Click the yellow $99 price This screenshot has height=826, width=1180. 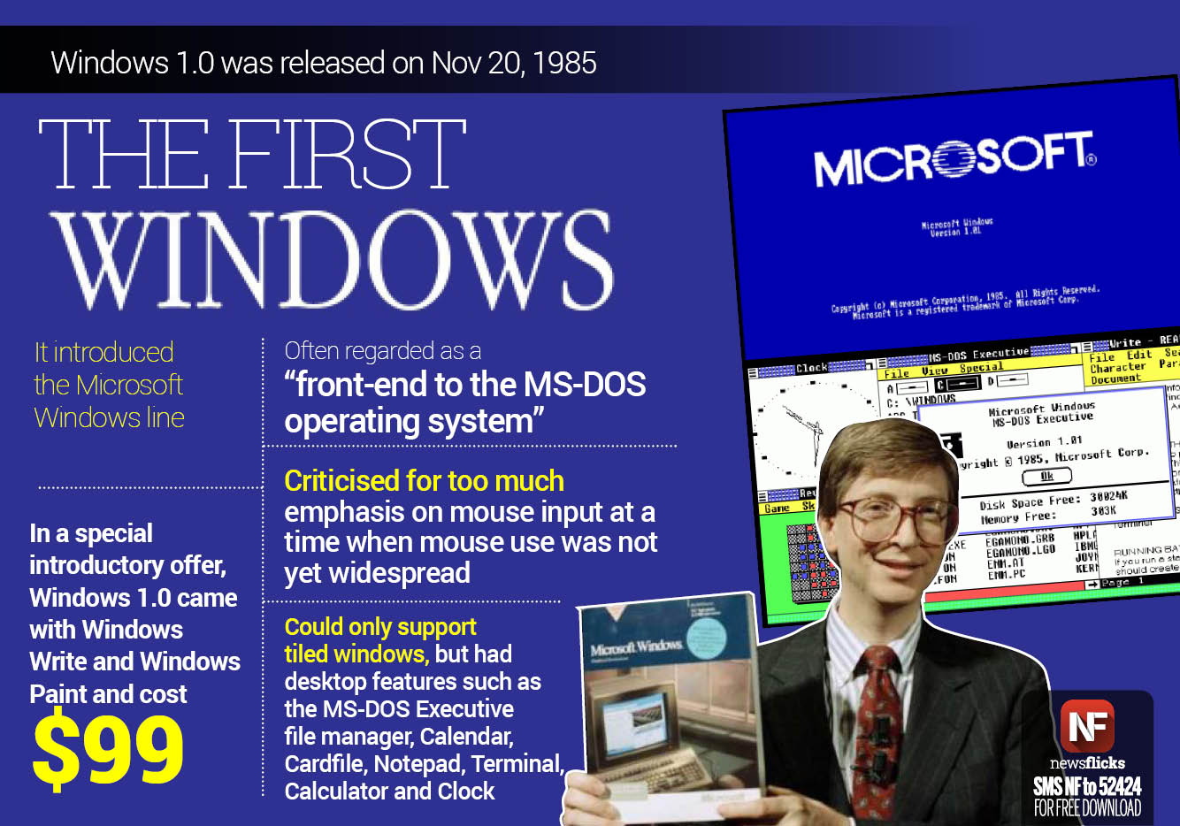pyautogui.click(x=108, y=751)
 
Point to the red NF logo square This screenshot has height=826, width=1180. pyautogui.click(x=1086, y=725)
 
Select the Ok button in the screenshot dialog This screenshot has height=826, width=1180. pyautogui.click(x=1046, y=476)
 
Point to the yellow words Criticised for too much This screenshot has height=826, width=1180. pyautogui.click(x=424, y=481)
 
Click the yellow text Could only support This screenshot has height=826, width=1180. pyautogui.click(x=380, y=627)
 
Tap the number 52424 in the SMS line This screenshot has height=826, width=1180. pyautogui.click(x=1118, y=786)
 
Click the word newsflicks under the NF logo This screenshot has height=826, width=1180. pyautogui.click(x=1087, y=762)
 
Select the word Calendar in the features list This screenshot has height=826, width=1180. pyautogui.click(x=466, y=737)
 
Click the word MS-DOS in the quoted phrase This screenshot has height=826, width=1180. pyautogui.click(x=584, y=385)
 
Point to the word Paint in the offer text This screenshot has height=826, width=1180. pyautogui.click(x=57, y=694)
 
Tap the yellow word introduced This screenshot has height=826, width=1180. pyautogui.click(x=113, y=352)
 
